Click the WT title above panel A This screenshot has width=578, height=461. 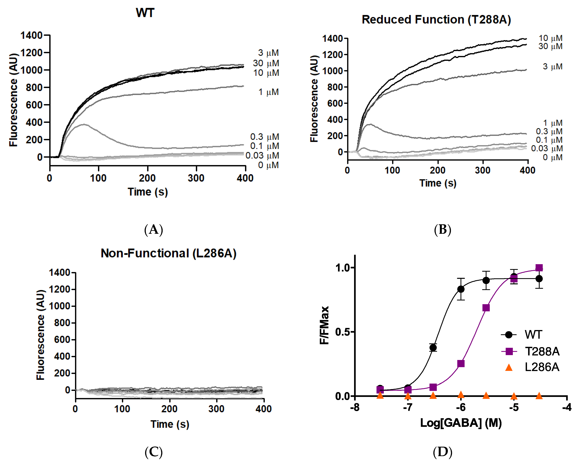pyautogui.click(x=145, y=13)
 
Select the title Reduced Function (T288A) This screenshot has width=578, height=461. pyautogui.click(x=436, y=20)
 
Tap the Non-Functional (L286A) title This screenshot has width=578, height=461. pyautogui.click(x=168, y=253)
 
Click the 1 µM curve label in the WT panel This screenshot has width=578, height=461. pyautogui.click(x=268, y=92)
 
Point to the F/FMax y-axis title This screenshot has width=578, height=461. pyautogui.click(x=324, y=325)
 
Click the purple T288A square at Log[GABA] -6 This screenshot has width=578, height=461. pyautogui.click(x=461, y=364)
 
